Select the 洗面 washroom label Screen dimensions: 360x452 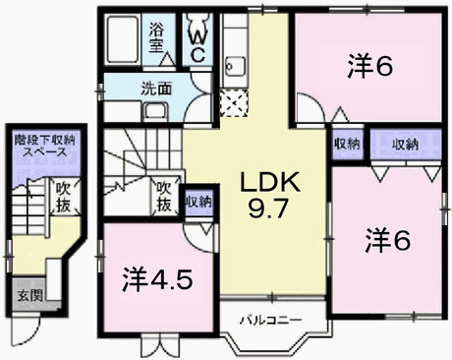click(157, 87)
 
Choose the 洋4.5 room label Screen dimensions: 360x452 click(157, 279)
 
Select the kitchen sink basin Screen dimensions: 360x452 click(235, 68)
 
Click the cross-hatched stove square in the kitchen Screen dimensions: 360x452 click(235, 100)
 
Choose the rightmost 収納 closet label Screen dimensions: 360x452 click(408, 145)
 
